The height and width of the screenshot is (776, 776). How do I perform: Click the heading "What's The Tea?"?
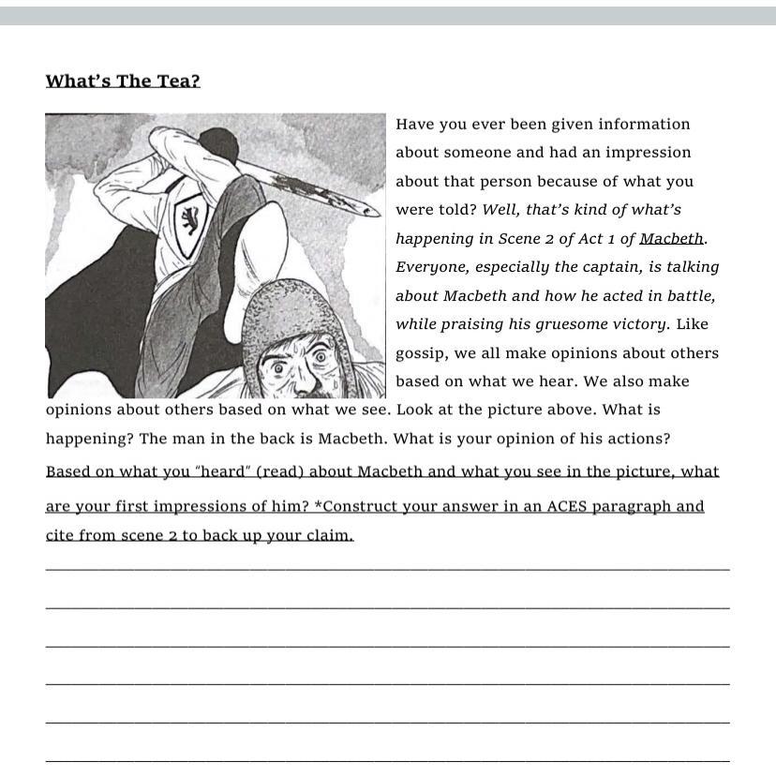click(123, 81)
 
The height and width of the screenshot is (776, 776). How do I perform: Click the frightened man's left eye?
click(321, 357)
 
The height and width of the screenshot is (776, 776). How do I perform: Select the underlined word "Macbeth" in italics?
click(671, 239)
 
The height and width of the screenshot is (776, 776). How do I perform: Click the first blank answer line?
click(387, 568)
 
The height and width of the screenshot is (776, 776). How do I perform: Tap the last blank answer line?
click(387, 760)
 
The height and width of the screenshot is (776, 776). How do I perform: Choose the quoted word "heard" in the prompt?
click(225, 471)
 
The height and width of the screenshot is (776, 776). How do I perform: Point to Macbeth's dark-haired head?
click(218, 145)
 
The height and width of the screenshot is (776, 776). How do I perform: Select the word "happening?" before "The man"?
click(90, 439)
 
